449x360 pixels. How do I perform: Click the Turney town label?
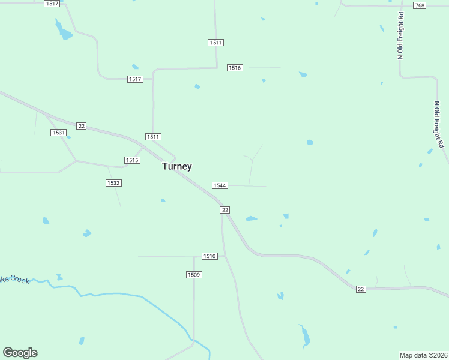click(x=177, y=166)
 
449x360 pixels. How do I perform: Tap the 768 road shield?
click(x=420, y=5)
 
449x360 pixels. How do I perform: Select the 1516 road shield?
click(x=235, y=68)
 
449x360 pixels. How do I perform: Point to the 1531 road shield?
click(x=58, y=133)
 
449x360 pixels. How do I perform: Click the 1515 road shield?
click(x=132, y=160)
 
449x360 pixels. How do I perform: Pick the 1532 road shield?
click(x=113, y=183)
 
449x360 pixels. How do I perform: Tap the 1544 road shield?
click(x=220, y=185)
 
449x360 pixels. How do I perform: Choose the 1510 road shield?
click(x=209, y=256)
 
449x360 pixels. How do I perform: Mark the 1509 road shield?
click(x=194, y=275)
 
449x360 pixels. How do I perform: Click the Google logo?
click(x=20, y=353)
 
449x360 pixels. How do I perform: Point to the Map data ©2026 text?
click(x=423, y=355)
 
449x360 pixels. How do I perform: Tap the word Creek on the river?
click(x=18, y=280)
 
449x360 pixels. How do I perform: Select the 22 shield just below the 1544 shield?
click(x=224, y=209)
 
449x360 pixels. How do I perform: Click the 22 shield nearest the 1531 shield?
click(x=82, y=126)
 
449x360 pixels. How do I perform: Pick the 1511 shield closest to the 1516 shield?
click(x=216, y=43)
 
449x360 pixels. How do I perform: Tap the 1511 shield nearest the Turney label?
click(x=154, y=137)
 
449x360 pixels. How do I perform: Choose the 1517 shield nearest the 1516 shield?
click(x=135, y=79)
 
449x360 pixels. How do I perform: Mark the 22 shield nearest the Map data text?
click(x=360, y=289)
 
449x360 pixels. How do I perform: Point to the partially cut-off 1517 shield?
click(x=52, y=4)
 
